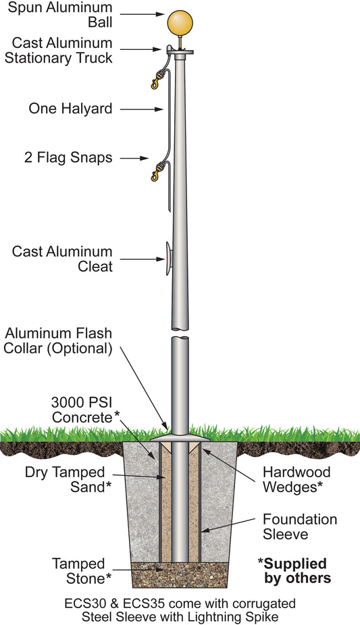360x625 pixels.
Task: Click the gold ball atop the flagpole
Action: (x=179, y=21)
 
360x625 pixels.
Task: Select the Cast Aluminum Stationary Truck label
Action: (x=59, y=50)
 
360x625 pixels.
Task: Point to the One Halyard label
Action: (x=70, y=108)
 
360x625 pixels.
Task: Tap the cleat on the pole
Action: (x=167, y=259)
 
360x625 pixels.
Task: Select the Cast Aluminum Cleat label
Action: (x=62, y=259)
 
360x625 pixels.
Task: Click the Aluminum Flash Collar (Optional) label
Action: (x=59, y=341)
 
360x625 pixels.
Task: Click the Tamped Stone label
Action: (x=80, y=571)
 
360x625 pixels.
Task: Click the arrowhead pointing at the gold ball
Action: (x=159, y=13)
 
